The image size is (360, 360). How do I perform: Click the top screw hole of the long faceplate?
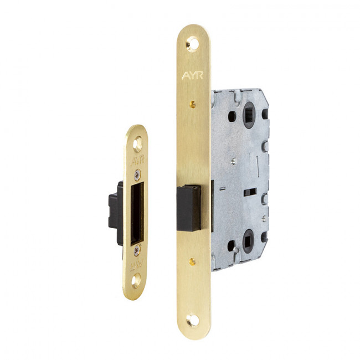tap(193, 43)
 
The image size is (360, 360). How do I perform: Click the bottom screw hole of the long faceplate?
tap(193, 320)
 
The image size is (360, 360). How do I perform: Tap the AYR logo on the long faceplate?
tap(192, 75)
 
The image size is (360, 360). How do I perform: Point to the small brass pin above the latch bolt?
tap(193, 105)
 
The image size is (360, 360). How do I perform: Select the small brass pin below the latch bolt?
tap(192, 261)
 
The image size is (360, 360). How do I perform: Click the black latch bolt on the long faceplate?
tap(189, 208)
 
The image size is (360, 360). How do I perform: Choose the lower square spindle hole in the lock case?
tap(248, 241)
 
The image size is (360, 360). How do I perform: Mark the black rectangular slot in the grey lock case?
tap(250, 192)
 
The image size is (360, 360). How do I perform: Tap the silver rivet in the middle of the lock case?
tap(234, 161)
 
